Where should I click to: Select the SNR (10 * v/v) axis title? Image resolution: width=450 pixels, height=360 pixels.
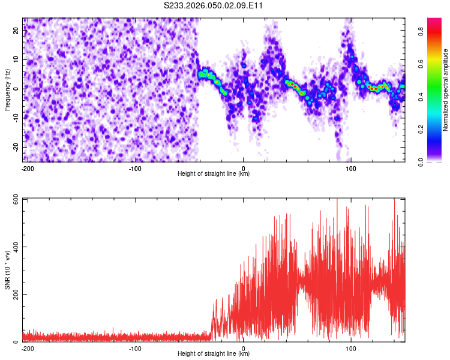click(7, 270)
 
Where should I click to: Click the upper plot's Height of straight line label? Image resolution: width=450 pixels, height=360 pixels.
click(214, 173)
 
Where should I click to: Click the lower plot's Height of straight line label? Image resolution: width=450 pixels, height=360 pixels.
click(214, 353)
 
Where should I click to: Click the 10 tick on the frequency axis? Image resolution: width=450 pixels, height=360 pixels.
click(16, 59)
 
